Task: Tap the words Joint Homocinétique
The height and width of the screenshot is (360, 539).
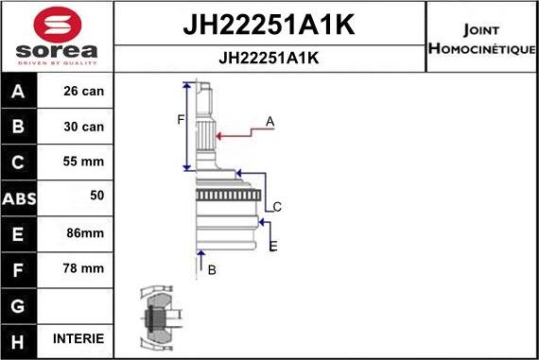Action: [482, 38]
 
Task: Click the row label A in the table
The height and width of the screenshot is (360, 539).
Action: [19, 93]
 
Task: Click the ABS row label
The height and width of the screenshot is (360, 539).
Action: [19, 198]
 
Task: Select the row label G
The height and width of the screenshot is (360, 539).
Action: [19, 304]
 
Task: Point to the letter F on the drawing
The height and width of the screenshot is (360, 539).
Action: [180, 119]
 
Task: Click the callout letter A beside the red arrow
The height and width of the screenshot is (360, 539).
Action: [270, 121]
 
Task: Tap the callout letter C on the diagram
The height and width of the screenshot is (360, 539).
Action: [277, 206]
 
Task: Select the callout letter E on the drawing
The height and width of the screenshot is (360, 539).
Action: [273, 246]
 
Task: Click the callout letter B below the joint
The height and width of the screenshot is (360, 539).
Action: [212, 270]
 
